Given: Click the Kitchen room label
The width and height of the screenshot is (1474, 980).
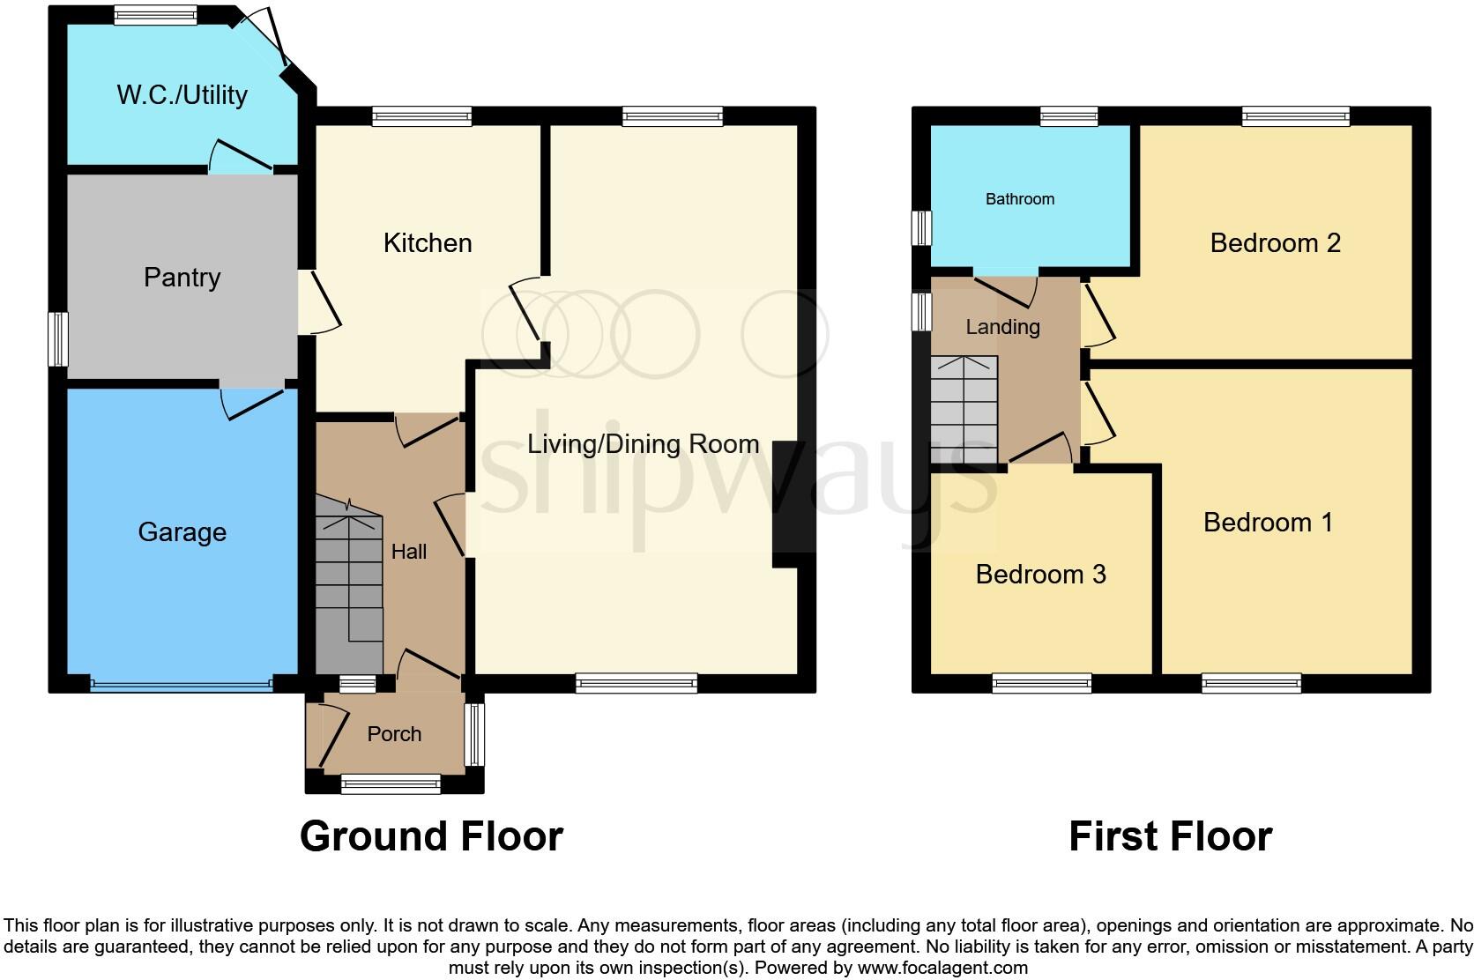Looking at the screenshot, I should pyautogui.click(x=428, y=243).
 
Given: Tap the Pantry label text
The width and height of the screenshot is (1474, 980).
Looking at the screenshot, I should pyautogui.click(x=182, y=278).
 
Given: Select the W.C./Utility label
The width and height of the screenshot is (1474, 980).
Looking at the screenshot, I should pyautogui.click(x=182, y=95).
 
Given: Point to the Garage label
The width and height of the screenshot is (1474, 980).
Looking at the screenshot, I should pyautogui.click(x=182, y=532).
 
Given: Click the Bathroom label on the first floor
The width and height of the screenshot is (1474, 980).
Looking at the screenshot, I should pyautogui.click(x=1019, y=199).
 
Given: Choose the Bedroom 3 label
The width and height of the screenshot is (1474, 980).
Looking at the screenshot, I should pyautogui.click(x=1040, y=575).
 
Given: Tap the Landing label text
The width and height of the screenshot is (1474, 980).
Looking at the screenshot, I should pyautogui.click(x=1002, y=327).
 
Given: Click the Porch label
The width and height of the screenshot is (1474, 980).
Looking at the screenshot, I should pyautogui.click(x=394, y=734).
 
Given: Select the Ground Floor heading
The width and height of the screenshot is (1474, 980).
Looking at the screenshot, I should pyautogui.click(x=431, y=836).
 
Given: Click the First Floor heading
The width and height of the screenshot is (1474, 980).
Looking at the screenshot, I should pyautogui.click(x=1170, y=836).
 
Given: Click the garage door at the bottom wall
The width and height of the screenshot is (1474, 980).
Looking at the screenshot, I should pyautogui.click(x=181, y=684).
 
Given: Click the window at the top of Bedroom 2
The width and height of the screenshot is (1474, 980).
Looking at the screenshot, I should pyautogui.click(x=1295, y=115).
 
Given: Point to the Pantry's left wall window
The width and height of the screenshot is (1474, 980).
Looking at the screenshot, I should pyautogui.click(x=58, y=338).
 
